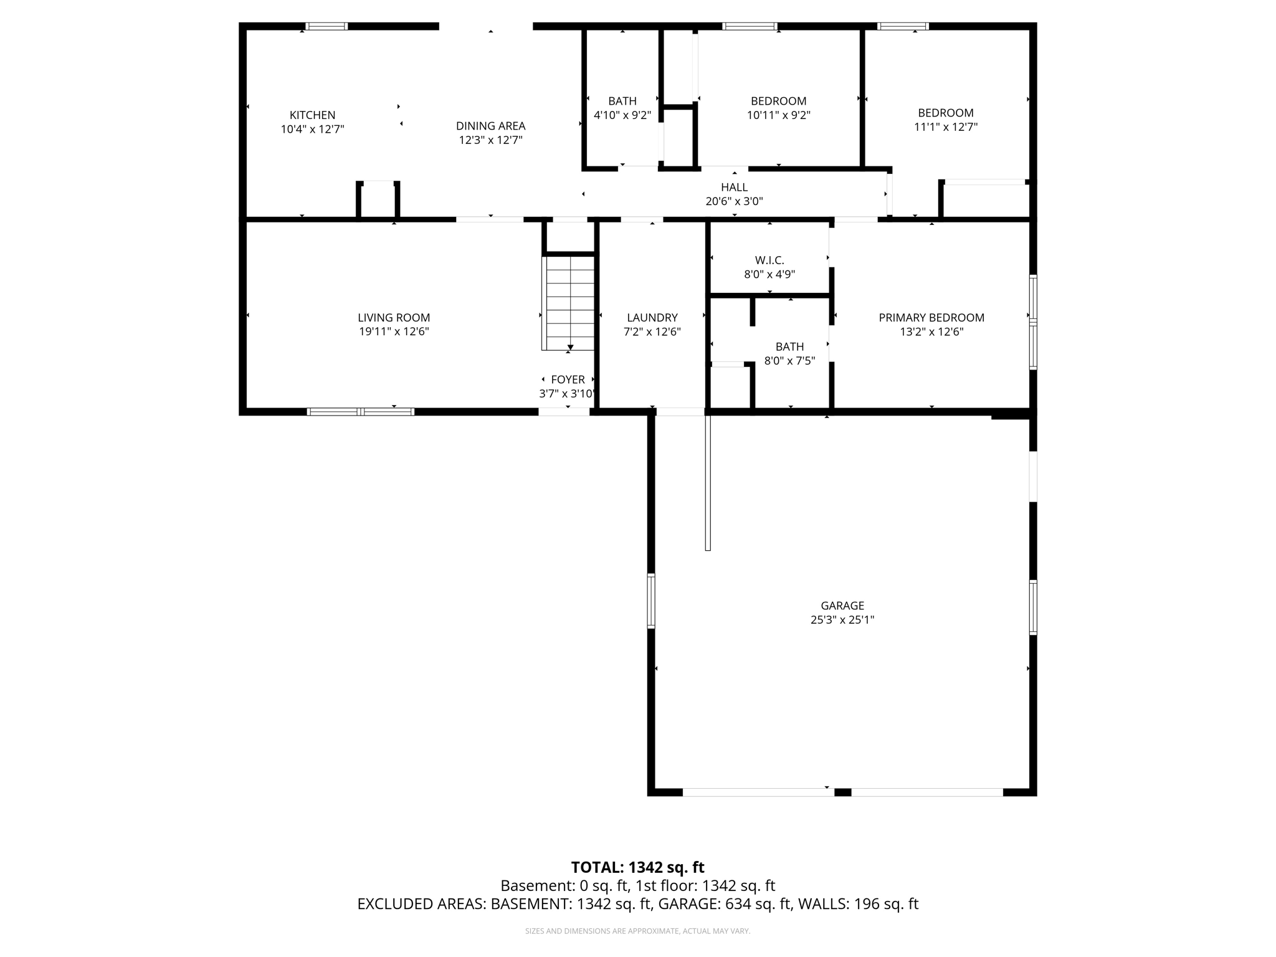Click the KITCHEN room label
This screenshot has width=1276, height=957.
[x=312, y=115]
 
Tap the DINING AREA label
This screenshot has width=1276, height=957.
[x=490, y=126]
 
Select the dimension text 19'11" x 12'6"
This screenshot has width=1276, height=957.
[x=394, y=331]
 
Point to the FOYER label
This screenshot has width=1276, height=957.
[x=568, y=379]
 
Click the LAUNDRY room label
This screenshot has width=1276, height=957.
[x=652, y=318]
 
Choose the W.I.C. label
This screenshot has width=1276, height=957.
[x=769, y=260]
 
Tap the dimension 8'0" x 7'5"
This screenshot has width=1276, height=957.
[x=789, y=361]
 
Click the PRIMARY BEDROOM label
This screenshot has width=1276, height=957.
[x=931, y=318]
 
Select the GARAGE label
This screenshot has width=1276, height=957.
[x=842, y=606]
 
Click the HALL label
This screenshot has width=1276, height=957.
[x=734, y=188]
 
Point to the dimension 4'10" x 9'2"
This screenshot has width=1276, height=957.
[x=622, y=115]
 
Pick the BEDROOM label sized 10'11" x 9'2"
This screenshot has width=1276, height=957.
[x=778, y=101]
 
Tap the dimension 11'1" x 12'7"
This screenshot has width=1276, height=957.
[x=945, y=127]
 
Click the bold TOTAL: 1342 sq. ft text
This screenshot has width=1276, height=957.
[x=637, y=867]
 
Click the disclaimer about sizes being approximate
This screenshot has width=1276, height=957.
[x=637, y=931]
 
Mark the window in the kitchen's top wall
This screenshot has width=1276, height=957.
[x=326, y=26]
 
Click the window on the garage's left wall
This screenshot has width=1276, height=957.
[x=651, y=601]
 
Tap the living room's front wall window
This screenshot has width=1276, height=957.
[x=361, y=412]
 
